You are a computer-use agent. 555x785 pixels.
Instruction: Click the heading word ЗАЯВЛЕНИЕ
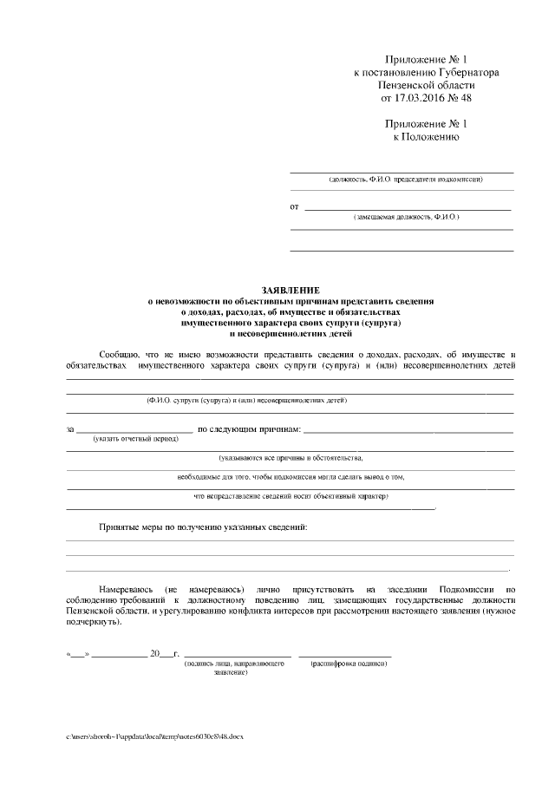[291, 290]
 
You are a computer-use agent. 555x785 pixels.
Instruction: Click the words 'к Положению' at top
[426, 137]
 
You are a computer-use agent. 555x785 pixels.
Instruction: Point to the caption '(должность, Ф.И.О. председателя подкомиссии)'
[406, 180]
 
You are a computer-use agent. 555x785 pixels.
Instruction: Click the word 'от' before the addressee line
[295, 207]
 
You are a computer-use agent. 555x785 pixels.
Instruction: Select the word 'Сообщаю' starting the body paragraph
[118, 355]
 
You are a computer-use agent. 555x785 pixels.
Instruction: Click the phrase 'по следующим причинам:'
[249, 429]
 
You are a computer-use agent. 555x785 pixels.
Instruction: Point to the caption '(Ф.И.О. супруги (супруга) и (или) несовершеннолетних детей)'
[246, 402]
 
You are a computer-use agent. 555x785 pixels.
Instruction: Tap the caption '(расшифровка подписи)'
[349, 664]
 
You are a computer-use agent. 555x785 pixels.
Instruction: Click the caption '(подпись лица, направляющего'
[235, 664]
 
